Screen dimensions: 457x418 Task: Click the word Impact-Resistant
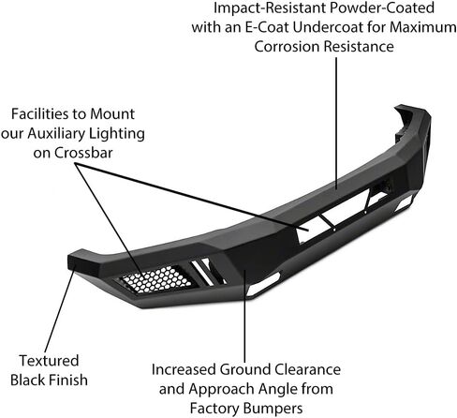coord(270,7)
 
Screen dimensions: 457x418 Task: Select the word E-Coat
coord(267,27)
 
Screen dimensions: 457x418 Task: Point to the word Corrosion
coord(287,47)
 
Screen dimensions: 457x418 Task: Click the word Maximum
coord(423,27)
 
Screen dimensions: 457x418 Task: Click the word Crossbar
coord(83,153)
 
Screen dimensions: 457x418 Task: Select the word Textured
coord(49,361)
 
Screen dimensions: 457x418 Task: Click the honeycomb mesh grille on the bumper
coord(155,278)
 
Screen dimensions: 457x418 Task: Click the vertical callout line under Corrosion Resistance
coord(336,123)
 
